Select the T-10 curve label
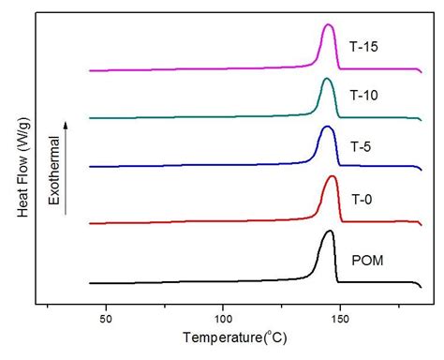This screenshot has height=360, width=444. pos(364,96)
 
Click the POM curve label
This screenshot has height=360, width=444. pos(367,260)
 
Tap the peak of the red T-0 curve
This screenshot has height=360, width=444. pos(332,176)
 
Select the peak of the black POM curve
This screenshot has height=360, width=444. pos(329,232)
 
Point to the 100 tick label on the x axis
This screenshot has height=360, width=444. pos(222,319)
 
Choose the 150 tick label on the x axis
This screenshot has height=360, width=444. pos(339,319)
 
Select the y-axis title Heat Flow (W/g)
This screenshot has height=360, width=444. pos(22,162)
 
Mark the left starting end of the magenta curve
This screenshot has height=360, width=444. pos(90,70)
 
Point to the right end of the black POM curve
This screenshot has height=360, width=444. pos(421,283)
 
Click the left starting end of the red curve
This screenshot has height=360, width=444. pos(90,224)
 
